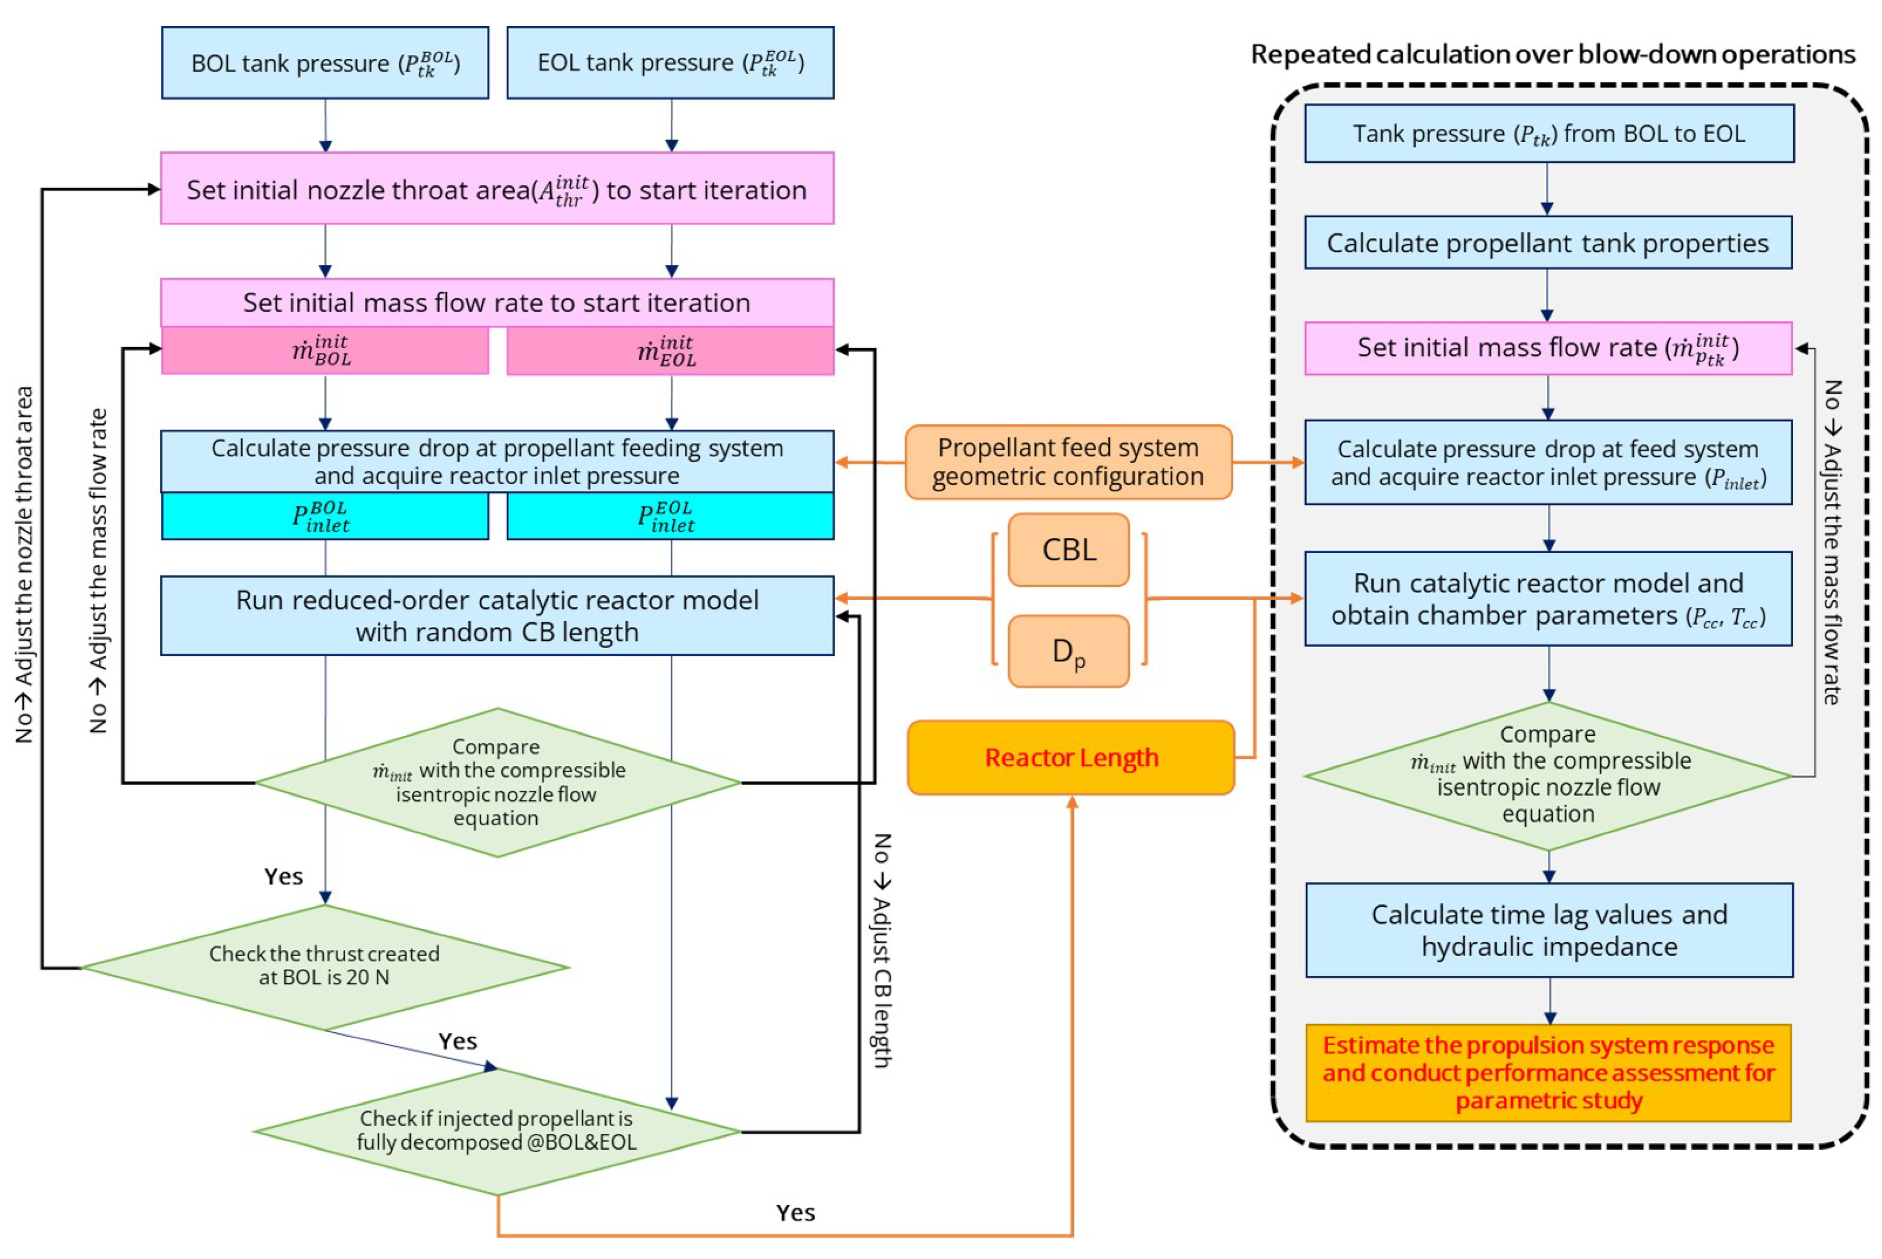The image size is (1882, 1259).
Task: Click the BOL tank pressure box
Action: tap(324, 62)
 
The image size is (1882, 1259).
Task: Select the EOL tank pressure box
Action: tap(670, 62)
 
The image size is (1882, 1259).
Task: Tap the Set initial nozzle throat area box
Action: tap(497, 189)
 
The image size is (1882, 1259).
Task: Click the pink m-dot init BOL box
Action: tap(324, 351)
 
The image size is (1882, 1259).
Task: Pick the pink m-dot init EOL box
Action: tap(670, 351)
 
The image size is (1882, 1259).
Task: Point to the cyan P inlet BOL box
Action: tap(324, 516)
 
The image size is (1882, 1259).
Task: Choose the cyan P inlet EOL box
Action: tap(670, 516)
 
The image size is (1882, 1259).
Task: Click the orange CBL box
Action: tap(1068, 550)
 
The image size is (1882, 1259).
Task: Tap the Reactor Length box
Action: tap(1071, 757)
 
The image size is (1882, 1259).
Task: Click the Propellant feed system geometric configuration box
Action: tap(1068, 462)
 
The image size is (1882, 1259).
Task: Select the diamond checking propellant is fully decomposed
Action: tap(497, 1131)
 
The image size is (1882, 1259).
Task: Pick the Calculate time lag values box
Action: tap(1548, 930)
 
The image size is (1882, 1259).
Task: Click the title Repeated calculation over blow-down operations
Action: tap(1552, 55)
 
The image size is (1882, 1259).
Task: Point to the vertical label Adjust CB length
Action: tap(882, 951)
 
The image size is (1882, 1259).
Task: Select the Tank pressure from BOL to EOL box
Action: tap(1548, 133)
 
